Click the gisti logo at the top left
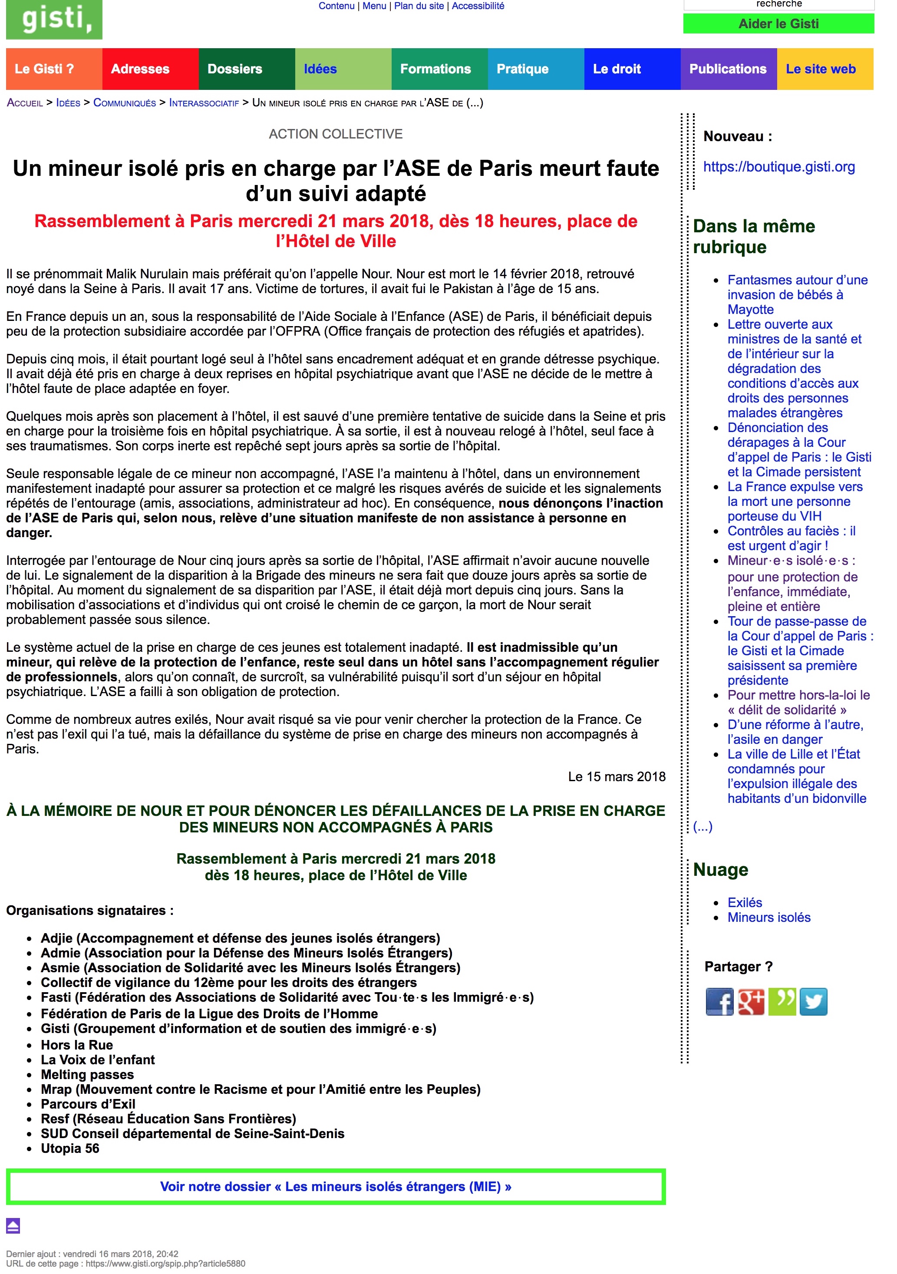[x=54, y=20]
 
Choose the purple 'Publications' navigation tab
[x=727, y=69]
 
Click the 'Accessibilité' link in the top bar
[x=478, y=6]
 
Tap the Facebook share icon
[x=719, y=1002]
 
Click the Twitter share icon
[x=813, y=1002]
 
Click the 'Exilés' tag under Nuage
[x=745, y=902]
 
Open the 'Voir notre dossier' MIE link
[x=336, y=1187]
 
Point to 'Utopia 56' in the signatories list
[x=70, y=1148]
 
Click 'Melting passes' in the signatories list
[x=87, y=1074]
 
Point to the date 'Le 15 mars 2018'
[x=616, y=776]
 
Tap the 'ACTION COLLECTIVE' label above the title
[x=336, y=134]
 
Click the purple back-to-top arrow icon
[x=13, y=1225]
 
